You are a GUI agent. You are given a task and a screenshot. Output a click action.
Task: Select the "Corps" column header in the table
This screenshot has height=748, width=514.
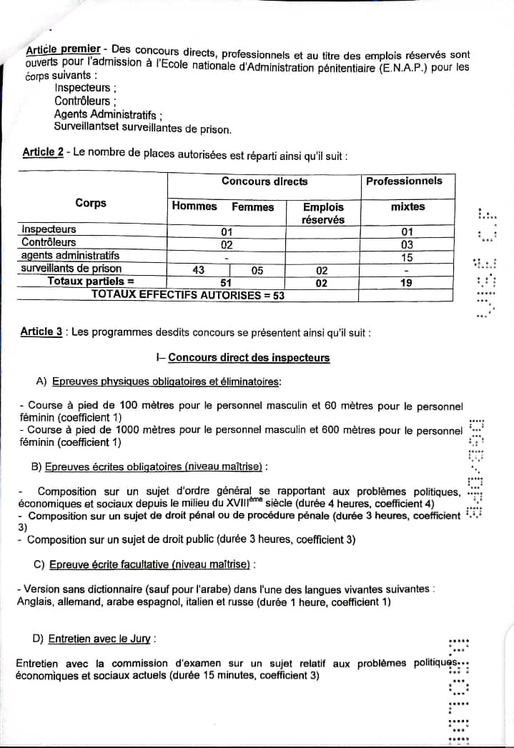[x=91, y=203]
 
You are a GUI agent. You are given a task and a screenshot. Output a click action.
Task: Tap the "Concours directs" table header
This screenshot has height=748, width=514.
[x=265, y=181]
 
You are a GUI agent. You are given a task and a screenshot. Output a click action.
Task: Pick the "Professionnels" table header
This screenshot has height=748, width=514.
[x=404, y=181]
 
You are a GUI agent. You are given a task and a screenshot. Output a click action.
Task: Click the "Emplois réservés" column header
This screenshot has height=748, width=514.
[x=323, y=213]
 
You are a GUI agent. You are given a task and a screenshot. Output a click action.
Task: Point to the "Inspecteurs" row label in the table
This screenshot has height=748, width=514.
[x=49, y=229]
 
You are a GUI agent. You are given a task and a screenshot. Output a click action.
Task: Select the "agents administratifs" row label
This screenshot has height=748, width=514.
[x=70, y=255]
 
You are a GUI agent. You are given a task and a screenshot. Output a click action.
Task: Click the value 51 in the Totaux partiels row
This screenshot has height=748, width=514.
[x=227, y=282]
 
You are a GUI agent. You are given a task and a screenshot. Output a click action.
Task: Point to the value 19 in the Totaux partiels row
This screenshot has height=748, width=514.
[x=407, y=282]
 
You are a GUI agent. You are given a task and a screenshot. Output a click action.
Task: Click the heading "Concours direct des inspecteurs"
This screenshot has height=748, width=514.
[x=249, y=357]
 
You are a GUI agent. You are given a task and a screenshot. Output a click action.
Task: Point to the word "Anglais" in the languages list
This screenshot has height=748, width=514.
[x=34, y=602]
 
